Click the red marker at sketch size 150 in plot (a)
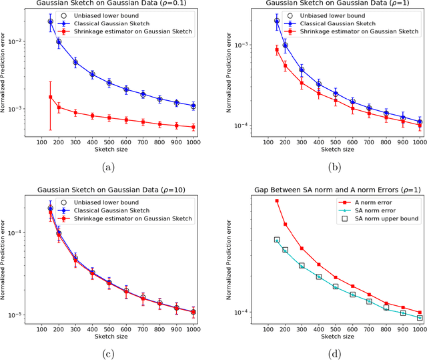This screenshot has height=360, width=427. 51,97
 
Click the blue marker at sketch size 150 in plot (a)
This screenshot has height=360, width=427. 51,21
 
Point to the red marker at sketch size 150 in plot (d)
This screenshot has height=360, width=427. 277,201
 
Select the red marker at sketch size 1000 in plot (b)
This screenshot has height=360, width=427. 419,126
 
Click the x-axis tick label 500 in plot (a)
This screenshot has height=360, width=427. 109,142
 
